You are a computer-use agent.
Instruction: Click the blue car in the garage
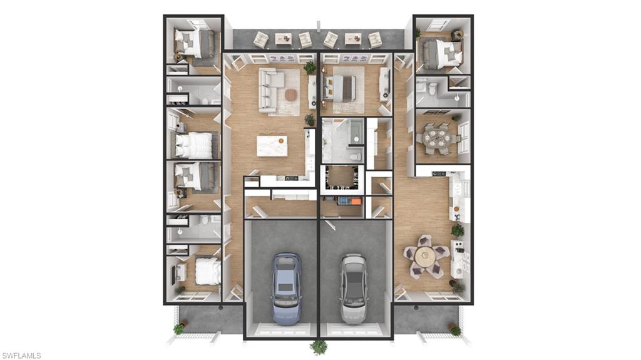(x=287, y=288)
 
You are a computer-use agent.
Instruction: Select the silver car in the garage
(x=354, y=288)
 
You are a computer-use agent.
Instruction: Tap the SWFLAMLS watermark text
(x=21, y=356)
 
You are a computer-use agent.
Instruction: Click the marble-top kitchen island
(x=272, y=146)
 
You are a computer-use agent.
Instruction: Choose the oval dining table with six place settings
(x=436, y=139)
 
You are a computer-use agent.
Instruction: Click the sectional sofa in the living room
(x=270, y=89)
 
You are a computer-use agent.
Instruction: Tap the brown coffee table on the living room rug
(x=290, y=95)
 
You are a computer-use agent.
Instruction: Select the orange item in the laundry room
(x=356, y=201)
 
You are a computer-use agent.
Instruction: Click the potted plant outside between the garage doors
(x=319, y=347)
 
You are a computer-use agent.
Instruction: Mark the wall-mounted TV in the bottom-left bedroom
(x=173, y=273)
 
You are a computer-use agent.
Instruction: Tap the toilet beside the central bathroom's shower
(x=356, y=157)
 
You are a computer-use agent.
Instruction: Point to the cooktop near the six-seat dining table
(x=439, y=173)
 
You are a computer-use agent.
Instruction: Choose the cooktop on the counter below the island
(x=291, y=178)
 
